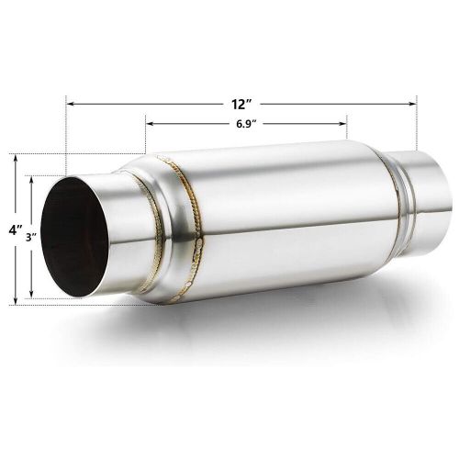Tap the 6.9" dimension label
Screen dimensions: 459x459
[245, 123]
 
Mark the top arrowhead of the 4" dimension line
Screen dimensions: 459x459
[16, 159]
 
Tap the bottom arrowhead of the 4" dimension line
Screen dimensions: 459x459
[16, 299]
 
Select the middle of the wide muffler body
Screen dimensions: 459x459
[285, 211]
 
